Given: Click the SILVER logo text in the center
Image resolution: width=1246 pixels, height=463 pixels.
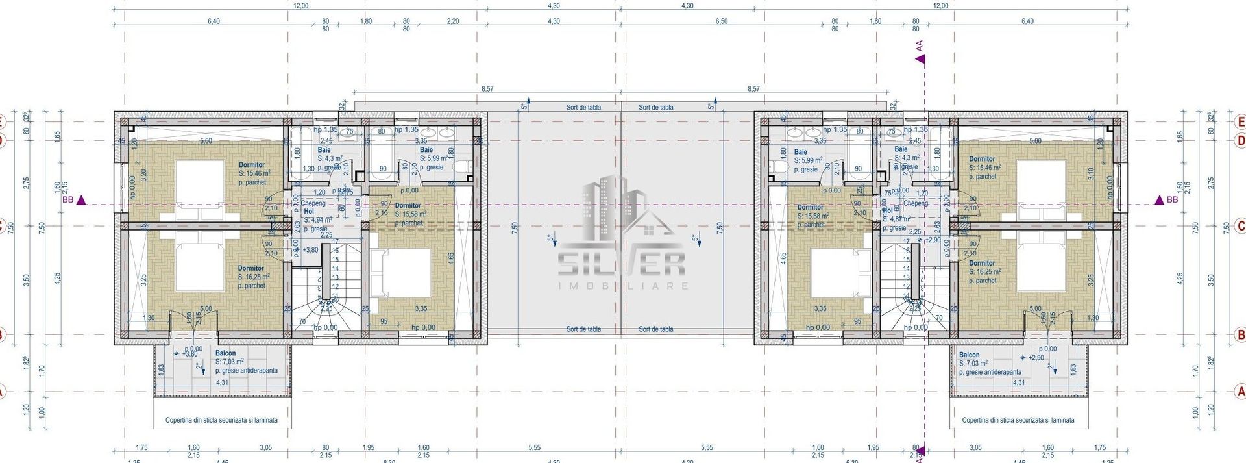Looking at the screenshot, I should coord(622,263).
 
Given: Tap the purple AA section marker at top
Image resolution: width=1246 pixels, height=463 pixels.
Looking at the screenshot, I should coord(920,59).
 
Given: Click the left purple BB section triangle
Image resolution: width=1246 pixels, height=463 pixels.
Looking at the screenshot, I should coord(81,201).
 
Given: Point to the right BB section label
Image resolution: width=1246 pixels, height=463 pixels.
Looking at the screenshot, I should coord(1172,200).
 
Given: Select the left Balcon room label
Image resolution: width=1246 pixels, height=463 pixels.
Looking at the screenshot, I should coord(225,353).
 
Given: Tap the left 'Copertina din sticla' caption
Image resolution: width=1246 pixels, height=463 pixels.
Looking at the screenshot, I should coord(221,420).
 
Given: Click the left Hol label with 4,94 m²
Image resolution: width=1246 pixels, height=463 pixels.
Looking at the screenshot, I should coord(309,212).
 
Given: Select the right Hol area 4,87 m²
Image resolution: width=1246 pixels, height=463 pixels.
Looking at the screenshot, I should coord(899,219).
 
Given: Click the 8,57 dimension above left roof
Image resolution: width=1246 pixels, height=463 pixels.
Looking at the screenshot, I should coord(487,88).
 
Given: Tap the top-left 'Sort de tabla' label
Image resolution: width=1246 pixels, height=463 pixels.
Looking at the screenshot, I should coord(583,108).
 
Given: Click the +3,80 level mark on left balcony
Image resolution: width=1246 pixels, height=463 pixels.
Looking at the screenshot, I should coord(189,354).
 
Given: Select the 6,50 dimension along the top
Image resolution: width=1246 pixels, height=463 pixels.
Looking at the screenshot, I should coord(721,21).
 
